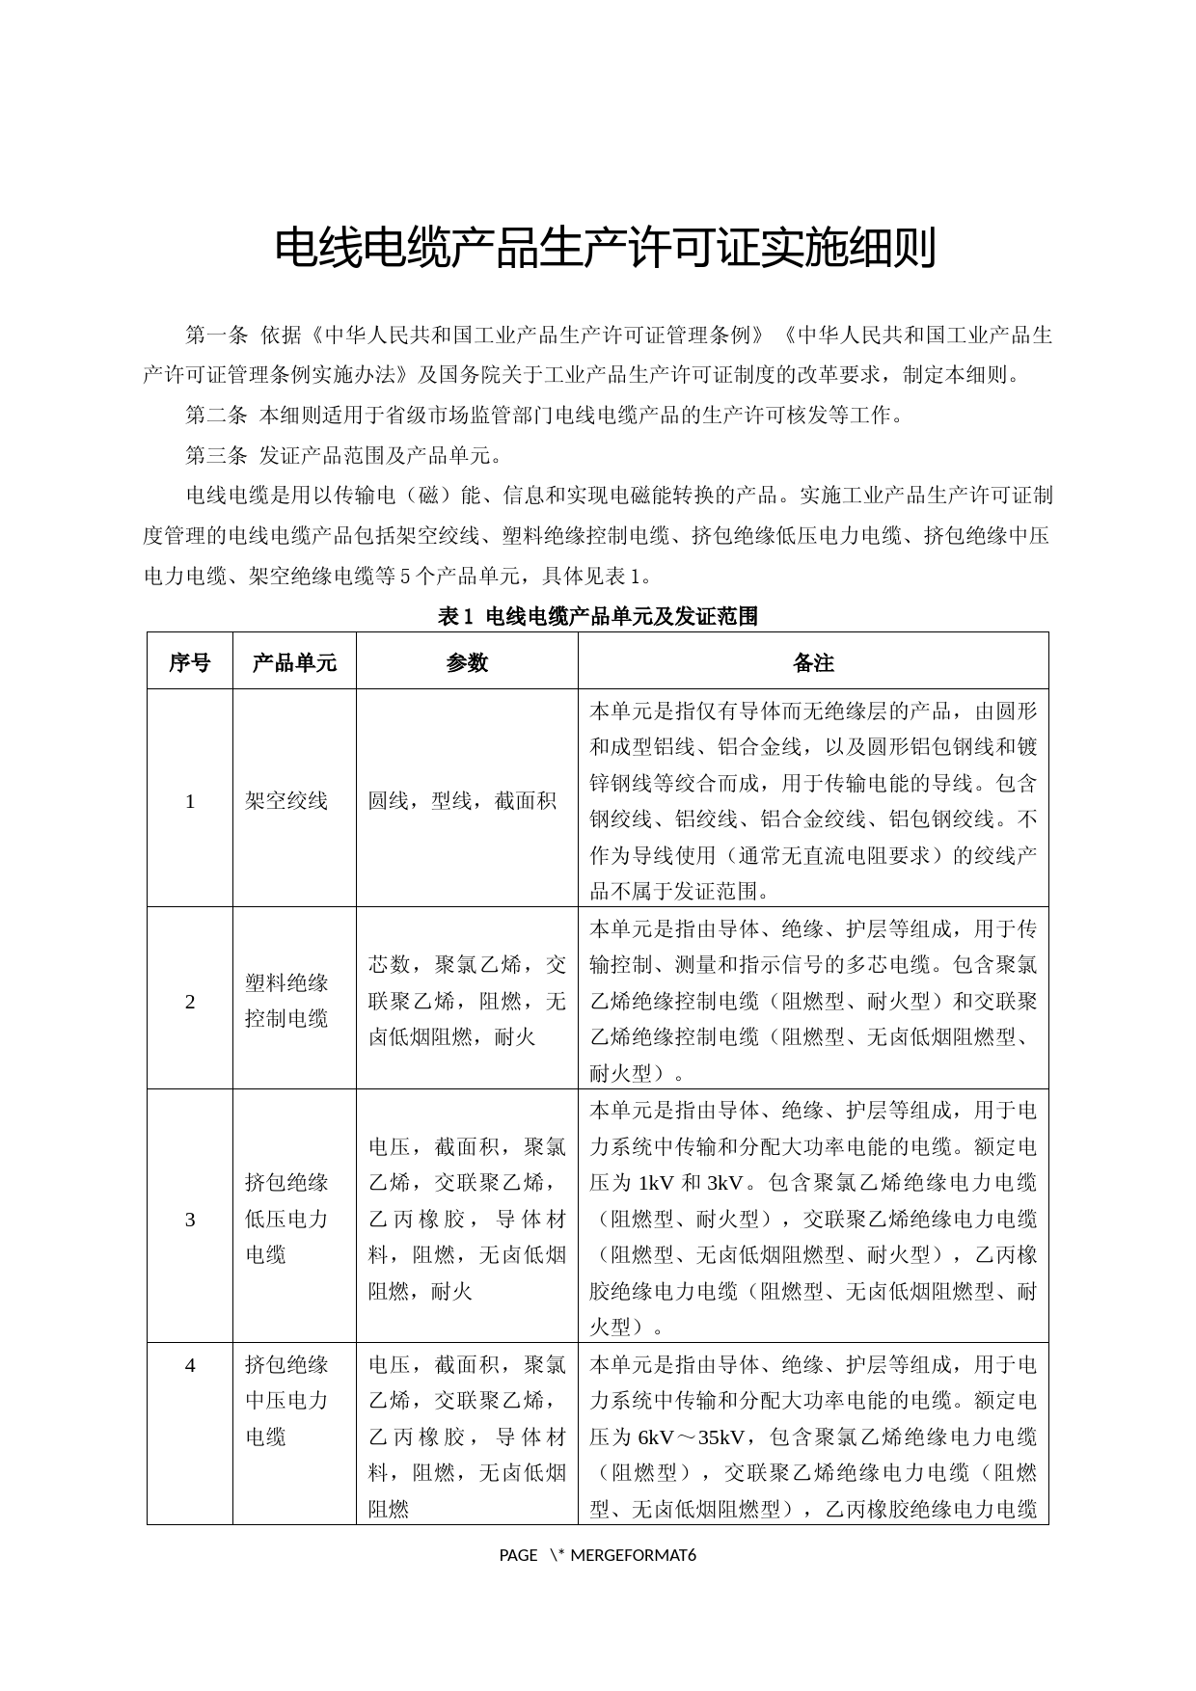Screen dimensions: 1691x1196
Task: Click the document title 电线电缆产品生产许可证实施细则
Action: tap(605, 249)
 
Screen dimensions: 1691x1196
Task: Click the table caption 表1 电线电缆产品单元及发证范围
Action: tap(598, 616)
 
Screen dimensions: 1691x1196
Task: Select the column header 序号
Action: tap(189, 662)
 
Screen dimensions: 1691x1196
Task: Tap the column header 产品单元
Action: tap(294, 662)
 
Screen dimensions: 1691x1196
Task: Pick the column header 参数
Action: tap(467, 662)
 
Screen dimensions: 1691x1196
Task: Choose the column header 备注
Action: tap(813, 662)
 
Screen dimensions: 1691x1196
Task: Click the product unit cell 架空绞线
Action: tap(286, 800)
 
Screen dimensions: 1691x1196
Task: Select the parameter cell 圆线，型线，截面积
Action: tap(463, 800)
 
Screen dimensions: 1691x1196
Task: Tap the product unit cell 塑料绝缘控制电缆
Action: tap(286, 1001)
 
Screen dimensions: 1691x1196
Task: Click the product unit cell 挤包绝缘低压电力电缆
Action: tap(286, 1219)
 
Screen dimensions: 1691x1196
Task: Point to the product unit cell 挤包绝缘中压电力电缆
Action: tap(286, 1401)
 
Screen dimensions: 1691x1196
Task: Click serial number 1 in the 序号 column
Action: tap(190, 800)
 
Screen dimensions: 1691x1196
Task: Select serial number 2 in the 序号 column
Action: tap(190, 1002)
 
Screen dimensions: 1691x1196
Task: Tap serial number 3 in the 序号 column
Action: tap(190, 1220)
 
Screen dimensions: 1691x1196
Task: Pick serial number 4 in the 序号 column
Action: tap(190, 1365)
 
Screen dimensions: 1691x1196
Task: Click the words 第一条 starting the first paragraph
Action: tap(217, 336)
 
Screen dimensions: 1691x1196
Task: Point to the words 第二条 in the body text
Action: tap(217, 416)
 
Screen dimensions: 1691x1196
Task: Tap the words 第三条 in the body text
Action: tap(217, 455)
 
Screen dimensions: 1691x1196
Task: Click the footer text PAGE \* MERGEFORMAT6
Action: tap(598, 1555)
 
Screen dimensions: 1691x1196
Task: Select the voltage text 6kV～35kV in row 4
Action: tap(691, 1437)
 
